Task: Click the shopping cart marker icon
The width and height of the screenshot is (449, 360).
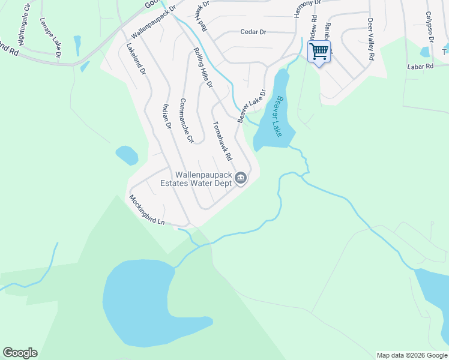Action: pyautogui.click(x=319, y=51)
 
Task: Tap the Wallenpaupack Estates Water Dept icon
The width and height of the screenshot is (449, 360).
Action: pyautogui.click(x=241, y=178)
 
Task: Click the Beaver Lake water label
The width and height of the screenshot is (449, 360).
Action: pyautogui.click(x=278, y=116)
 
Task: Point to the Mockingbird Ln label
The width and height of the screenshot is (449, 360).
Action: pyautogui.click(x=146, y=210)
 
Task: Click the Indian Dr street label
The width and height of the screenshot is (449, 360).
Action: pyautogui.click(x=167, y=117)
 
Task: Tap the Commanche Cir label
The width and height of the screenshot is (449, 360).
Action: pyautogui.click(x=187, y=121)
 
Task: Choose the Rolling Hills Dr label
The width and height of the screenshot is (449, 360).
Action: pyautogui.click(x=203, y=68)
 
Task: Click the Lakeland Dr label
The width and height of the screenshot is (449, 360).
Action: pyautogui.click(x=136, y=58)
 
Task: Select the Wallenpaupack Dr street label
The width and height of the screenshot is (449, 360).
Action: pyautogui.click(x=152, y=23)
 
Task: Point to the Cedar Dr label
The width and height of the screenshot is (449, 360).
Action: pyautogui.click(x=253, y=32)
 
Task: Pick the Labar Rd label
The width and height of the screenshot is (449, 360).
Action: pyautogui.click(x=420, y=67)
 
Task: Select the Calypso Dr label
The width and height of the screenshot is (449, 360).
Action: pyautogui.click(x=429, y=27)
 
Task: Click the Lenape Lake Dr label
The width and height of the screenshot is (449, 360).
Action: pyautogui.click(x=50, y=37)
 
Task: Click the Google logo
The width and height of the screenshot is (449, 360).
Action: pyautogui.click(x=20, y=353)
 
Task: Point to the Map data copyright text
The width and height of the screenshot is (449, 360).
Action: pyautogui.click(x=412, y=355)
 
